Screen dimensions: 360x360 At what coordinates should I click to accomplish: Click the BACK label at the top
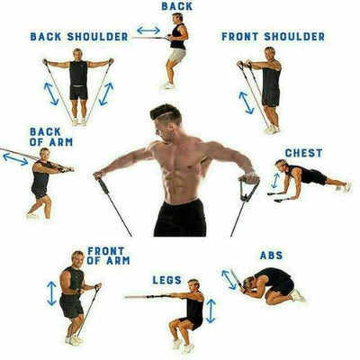176,6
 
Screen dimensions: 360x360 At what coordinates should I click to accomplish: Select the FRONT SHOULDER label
273,37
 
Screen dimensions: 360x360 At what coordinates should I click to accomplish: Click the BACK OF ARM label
45,137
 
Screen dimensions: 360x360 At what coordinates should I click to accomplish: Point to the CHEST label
302,153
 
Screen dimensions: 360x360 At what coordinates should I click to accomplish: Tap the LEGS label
167,279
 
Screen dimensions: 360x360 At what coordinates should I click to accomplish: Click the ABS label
271,256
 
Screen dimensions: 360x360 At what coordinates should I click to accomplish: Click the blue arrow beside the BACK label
149,30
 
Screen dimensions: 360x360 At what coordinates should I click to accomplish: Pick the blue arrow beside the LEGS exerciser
211,310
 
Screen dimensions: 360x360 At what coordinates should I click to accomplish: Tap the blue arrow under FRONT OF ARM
52,293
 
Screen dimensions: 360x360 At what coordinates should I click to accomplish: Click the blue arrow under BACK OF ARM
15,158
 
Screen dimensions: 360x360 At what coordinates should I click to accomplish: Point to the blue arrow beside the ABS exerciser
230,279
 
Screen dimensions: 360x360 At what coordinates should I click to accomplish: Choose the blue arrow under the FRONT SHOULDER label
247,102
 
